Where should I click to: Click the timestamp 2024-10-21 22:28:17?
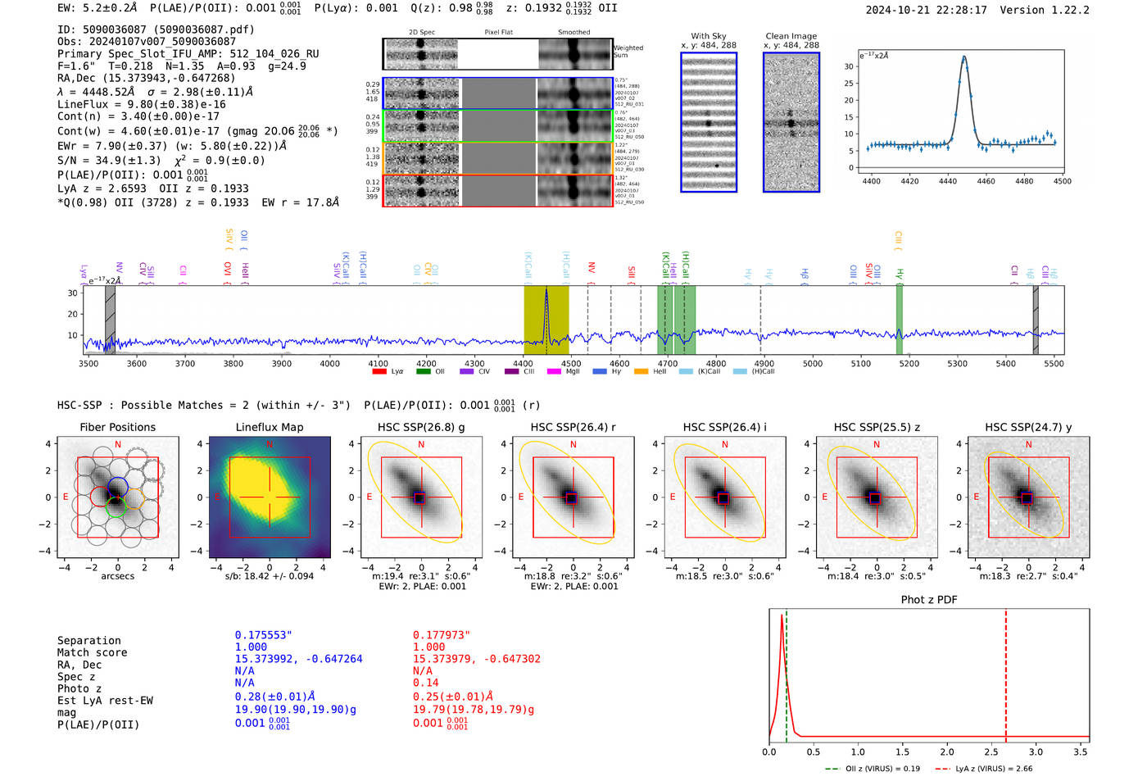[x=926, y=11]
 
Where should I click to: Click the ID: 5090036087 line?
[x=156, y=30]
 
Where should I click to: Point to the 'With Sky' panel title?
[x=708, y=36]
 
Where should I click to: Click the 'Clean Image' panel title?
[x=791, y=36]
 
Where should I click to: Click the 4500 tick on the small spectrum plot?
[x=1062, y=181]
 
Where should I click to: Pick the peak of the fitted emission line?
[x=963, y=57]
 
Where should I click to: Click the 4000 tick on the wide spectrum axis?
[x=329, y=364]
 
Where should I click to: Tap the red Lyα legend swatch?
[x=379, y=372]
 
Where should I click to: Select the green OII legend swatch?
[x=423, y=372]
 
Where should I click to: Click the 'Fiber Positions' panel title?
[x=117, y=428]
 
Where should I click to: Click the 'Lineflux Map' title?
[x=269, y=428]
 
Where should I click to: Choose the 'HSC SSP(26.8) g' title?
[x=421, y=428]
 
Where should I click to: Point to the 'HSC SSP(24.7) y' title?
[x=1028, y=428]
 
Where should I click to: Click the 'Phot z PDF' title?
[x=929, y=600]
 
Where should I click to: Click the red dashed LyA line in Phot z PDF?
[x=1005, y=672]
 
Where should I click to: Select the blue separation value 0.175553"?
[x=263, y=635]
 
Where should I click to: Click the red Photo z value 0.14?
[x=425, y=683]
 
